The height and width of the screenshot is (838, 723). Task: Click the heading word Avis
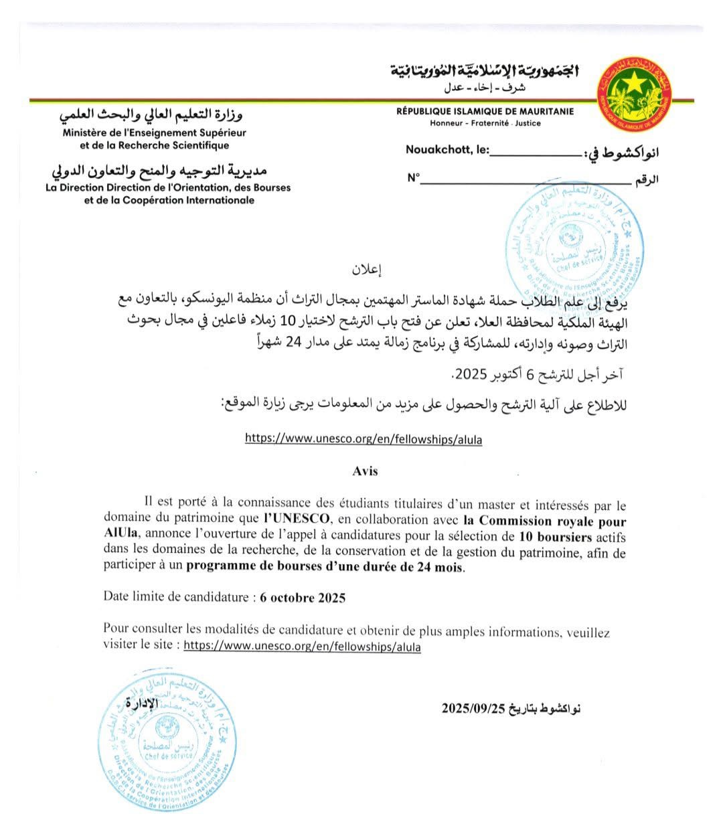[x=365, y=471]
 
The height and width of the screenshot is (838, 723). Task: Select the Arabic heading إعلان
[x=366, y=270]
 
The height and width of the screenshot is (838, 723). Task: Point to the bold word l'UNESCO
[x=297, y=519]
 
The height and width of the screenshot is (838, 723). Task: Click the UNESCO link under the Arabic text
[x=363, y=439]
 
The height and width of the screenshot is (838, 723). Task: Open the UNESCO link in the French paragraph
[x=302, y=647]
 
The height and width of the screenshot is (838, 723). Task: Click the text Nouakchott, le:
[x=447, y=150]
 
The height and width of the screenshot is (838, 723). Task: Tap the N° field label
[x=413, y=178]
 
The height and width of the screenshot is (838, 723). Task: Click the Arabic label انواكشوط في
[x=622, y=153]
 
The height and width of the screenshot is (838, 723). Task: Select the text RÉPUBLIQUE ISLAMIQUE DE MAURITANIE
[x=485, y=112]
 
